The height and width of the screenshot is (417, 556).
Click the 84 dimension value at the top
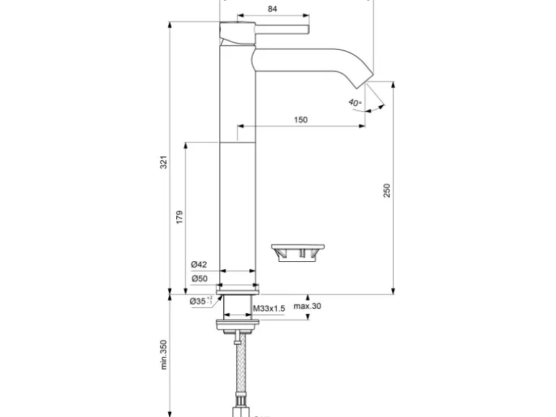(272, 9)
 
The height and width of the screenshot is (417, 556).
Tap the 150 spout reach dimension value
(301, 120)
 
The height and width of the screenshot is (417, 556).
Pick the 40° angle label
(355, 102)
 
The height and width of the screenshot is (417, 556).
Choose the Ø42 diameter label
(199, 265)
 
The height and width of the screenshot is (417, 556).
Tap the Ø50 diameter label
(199, 278)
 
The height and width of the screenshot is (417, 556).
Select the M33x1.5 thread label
(269, 308)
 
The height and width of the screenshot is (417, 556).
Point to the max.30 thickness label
(307, 306)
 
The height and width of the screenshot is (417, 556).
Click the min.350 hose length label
(164, 355)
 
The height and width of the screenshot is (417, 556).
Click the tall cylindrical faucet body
(238, 180)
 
